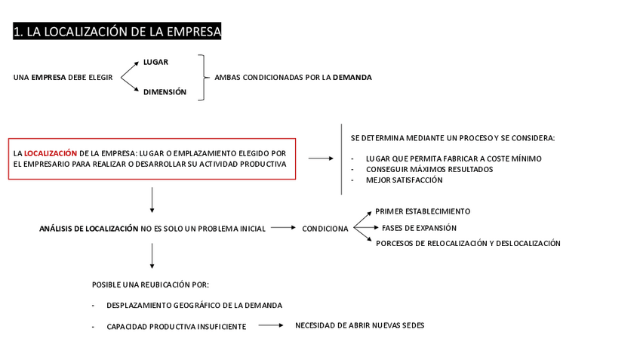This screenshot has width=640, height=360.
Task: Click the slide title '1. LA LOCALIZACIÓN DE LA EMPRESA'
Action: tap(117, 31)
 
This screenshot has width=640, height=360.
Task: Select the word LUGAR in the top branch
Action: tap(155, 62)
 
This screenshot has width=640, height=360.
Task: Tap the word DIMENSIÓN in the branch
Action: tap(165, 92)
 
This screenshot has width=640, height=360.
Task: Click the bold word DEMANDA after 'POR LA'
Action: tap(352, 77)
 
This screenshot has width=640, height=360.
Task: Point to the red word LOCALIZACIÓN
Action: tap(51, 152)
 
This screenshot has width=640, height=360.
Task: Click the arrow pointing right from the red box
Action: tap(320, 158)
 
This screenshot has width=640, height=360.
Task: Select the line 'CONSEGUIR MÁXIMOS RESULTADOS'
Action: tap(429, 169)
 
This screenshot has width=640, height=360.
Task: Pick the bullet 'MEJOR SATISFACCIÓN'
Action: tap(404, 180)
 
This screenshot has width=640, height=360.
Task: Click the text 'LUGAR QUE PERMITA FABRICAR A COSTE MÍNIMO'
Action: tap(453, 158)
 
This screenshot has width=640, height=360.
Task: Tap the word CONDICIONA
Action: tap(325, 229)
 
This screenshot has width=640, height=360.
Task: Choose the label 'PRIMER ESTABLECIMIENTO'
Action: tap(422, 211)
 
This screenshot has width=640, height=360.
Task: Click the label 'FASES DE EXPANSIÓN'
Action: tap(419, 228)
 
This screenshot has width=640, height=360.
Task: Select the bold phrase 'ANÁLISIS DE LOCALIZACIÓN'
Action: tap(88, 228)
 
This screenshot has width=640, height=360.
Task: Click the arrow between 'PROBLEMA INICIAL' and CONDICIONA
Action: tap(283, 227)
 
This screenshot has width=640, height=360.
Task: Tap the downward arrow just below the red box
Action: tap(152, 199)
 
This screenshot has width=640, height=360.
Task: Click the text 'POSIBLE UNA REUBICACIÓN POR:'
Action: tap(150, 285)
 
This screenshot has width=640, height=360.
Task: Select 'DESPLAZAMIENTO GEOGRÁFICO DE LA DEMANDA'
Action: tap(194, 306)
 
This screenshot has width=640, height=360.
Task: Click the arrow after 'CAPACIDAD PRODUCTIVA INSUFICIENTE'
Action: tap(269, 325)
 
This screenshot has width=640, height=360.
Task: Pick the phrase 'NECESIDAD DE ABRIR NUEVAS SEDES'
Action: tap(359, 325)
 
